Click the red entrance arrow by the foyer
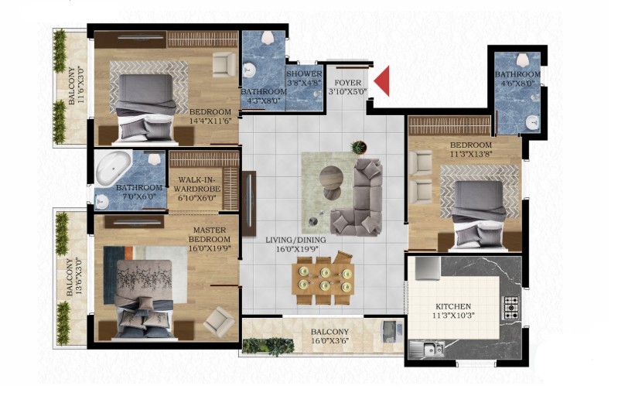pyautogui.click(x=384, y=81)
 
